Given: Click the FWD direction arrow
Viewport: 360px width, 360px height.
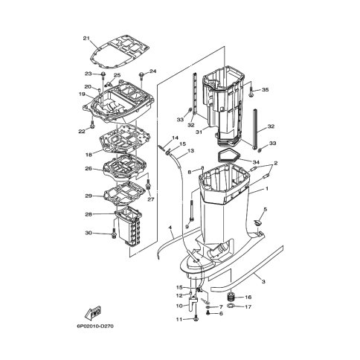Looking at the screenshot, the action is click(93, 312).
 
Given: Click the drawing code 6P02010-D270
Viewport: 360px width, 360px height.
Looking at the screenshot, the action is click(95, 326).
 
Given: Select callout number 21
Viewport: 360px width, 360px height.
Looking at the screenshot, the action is click(86, 38).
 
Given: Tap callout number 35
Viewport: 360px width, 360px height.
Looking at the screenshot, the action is click(266, 90).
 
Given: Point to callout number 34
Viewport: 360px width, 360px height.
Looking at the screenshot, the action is click(256, 162).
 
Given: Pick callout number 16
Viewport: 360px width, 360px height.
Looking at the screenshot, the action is click(248, 297).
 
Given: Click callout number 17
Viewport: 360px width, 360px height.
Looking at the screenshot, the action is click(248, 306).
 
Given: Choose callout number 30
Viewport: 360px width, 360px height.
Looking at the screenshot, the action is click(89, 233).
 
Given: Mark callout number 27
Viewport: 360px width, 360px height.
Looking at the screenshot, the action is click(151, 199).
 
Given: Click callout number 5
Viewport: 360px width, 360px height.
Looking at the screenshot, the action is click(266, 210).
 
